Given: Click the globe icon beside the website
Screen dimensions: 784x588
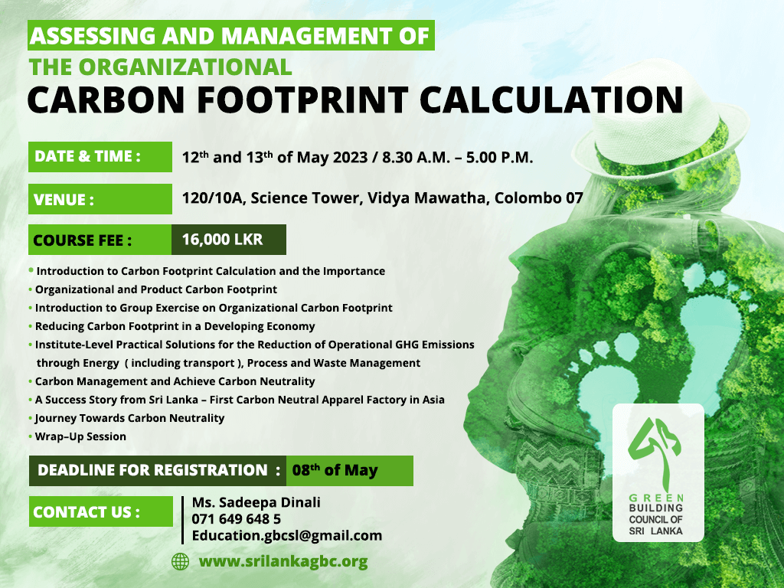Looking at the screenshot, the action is [180, 561].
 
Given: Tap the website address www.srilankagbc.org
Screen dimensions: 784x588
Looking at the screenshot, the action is [283, 561].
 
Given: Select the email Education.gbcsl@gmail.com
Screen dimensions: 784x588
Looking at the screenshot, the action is [287, 535].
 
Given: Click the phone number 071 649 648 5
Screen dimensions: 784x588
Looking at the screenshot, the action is [237, 519].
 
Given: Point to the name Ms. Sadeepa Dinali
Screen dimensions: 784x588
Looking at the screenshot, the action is [256, 502].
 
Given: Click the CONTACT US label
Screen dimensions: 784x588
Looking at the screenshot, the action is [101, 511].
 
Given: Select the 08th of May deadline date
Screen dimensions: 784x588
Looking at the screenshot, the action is [335, 470].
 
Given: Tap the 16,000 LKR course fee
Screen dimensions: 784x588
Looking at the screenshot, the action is [223, 240].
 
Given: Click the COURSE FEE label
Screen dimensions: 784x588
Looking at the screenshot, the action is [83, 240].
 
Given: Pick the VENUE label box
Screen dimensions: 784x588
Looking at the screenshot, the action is [100, 199].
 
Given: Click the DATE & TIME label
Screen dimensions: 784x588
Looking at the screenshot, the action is [100, 157].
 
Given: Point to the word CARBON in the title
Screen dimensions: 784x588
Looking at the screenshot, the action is [106, 99].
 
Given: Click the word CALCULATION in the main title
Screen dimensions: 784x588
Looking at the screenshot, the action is [551, 99].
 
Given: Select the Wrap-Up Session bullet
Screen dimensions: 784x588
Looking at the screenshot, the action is [80, 436].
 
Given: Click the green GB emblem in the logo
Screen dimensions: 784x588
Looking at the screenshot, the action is [657, 453].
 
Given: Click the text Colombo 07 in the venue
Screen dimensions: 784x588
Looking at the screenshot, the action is [538, 198].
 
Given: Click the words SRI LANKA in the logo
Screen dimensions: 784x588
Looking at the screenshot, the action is [655, 531].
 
